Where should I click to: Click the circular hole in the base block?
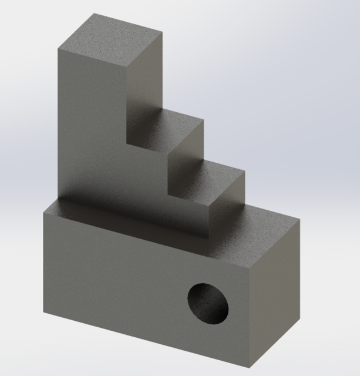pos(208,303)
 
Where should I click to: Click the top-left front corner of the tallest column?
pos(58,49)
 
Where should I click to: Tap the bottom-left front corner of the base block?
pos(42,312)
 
